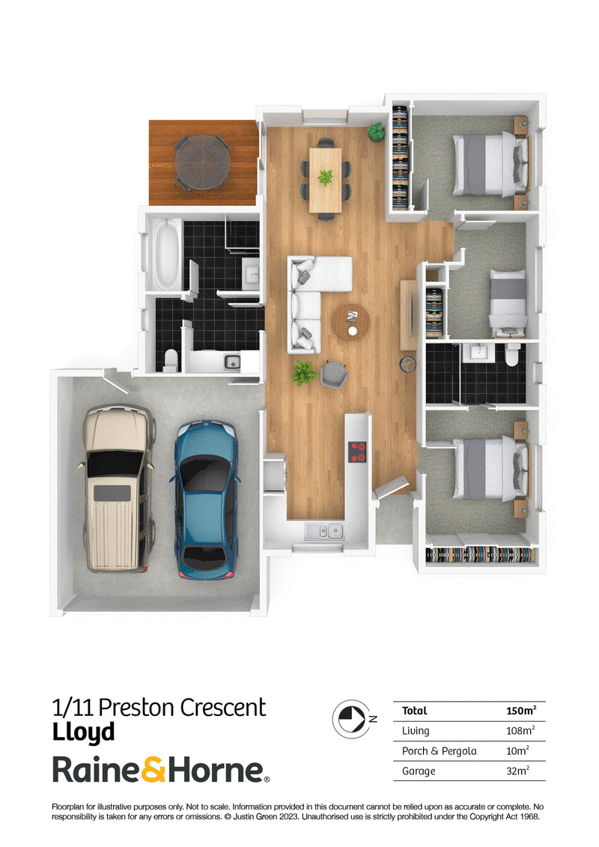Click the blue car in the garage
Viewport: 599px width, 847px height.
point(206,500)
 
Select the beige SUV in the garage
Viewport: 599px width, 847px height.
point(117,488)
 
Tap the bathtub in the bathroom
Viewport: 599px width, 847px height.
point(167,254)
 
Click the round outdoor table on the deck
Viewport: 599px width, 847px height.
point(203,162)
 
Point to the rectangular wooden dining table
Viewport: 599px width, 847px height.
point(325,180)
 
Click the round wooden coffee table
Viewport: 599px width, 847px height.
point(351,322)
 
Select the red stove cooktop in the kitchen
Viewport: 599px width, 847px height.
point(357,452)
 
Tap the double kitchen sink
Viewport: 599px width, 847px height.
point(324,532)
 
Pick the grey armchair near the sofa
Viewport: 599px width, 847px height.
point(334,374)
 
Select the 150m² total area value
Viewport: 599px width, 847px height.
point(521,711)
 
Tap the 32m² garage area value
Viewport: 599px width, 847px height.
point(517,771)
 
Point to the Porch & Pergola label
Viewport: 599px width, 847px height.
point(439,751)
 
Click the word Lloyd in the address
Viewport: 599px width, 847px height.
point(83,732)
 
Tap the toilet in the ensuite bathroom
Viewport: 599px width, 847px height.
point(511,354)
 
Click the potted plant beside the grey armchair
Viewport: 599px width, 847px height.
point(303,373)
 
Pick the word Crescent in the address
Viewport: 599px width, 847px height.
point(222,708)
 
